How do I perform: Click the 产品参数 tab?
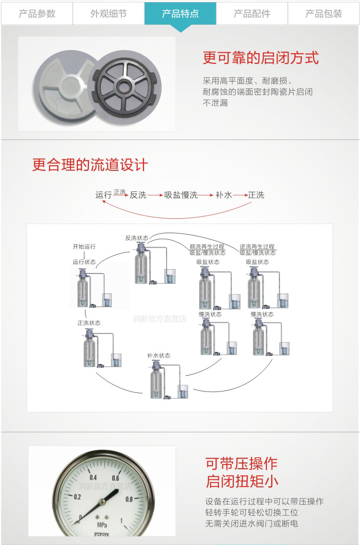click(x=37, y=13)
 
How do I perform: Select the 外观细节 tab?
click(x=108, y=13)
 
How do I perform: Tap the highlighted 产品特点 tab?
click(x=180, y=13)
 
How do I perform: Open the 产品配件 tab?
click(x=252, y=13)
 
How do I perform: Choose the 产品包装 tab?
click(x=324, y=13)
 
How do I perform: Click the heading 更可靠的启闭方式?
click(x=261, y=59)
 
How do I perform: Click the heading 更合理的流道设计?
click(x=90, y=165)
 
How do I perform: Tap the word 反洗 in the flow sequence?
click(x=138, y=195)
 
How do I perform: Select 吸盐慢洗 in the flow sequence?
click(x=181, y=195)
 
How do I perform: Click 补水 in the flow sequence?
click(x=224, y=195)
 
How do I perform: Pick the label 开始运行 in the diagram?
click(x=84, y=247)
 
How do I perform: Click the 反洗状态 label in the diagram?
click(x=137, y=238)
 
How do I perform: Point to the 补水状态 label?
click(x=159, y=355)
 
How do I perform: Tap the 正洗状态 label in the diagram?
click(x=89, y=323)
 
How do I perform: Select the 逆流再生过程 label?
click(x=257, y=247)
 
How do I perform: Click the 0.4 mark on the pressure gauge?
click(x=93, y=477)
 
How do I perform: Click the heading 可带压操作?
click(x=241, y=463)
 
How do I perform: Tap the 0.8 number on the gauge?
click(x=129, y=499)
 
